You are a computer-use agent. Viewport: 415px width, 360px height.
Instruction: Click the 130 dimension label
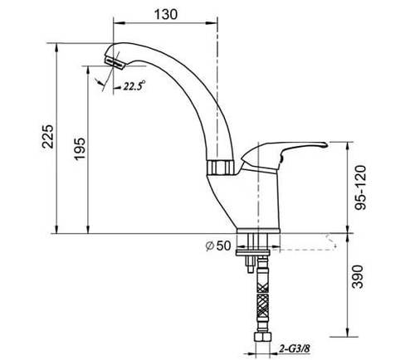coord(165,14)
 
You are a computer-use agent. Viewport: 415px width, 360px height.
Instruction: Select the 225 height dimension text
coord(47,137)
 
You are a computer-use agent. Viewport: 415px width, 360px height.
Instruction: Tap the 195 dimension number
coord(80,148)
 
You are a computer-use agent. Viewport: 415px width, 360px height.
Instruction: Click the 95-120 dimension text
coord(361,187)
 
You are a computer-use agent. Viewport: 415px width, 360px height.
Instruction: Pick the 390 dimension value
coord(359,276)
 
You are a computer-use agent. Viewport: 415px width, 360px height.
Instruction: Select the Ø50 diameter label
coord(218,246)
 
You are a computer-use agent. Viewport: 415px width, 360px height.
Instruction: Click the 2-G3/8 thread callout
coord(294,349)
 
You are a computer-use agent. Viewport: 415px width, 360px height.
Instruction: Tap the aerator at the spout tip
coord(115,62)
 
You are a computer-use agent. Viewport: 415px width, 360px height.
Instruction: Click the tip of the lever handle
coord(326,144)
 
